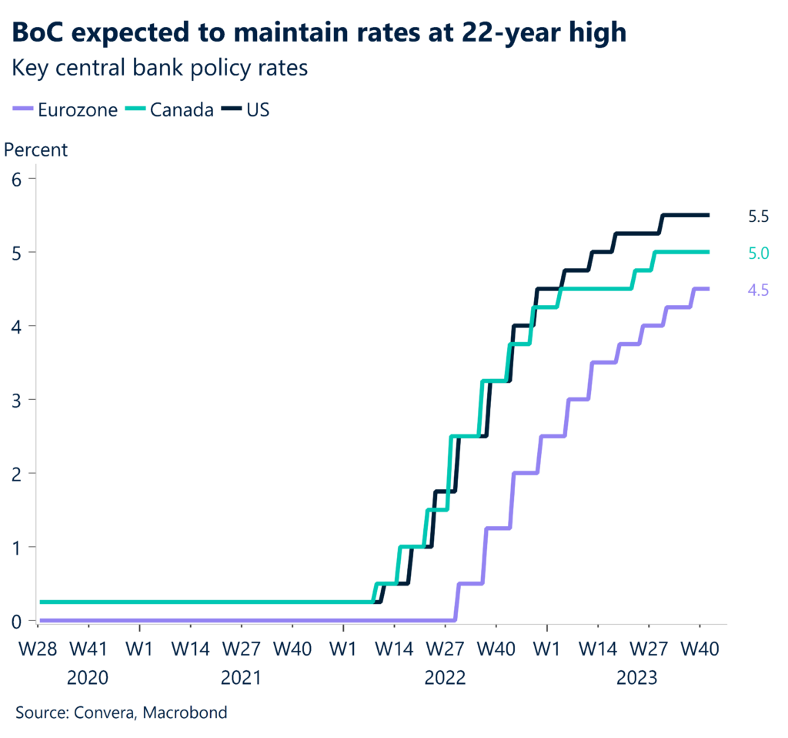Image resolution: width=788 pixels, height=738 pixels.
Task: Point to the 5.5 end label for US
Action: pos(759,216)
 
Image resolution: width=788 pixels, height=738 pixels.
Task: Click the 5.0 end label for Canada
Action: pos(759,253)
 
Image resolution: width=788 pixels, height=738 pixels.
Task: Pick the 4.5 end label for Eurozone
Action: pos(759,290)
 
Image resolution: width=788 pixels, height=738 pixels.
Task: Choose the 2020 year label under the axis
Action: pos(88,678)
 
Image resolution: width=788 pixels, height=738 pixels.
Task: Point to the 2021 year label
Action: pos(240,678)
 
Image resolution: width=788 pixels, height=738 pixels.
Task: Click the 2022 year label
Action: pos(444,678)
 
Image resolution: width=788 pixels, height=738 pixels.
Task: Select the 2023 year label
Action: pos(636,678)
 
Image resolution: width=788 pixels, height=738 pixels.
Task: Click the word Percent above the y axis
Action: pos(36,149)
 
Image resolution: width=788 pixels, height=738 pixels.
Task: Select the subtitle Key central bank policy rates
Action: pos(159,68)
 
